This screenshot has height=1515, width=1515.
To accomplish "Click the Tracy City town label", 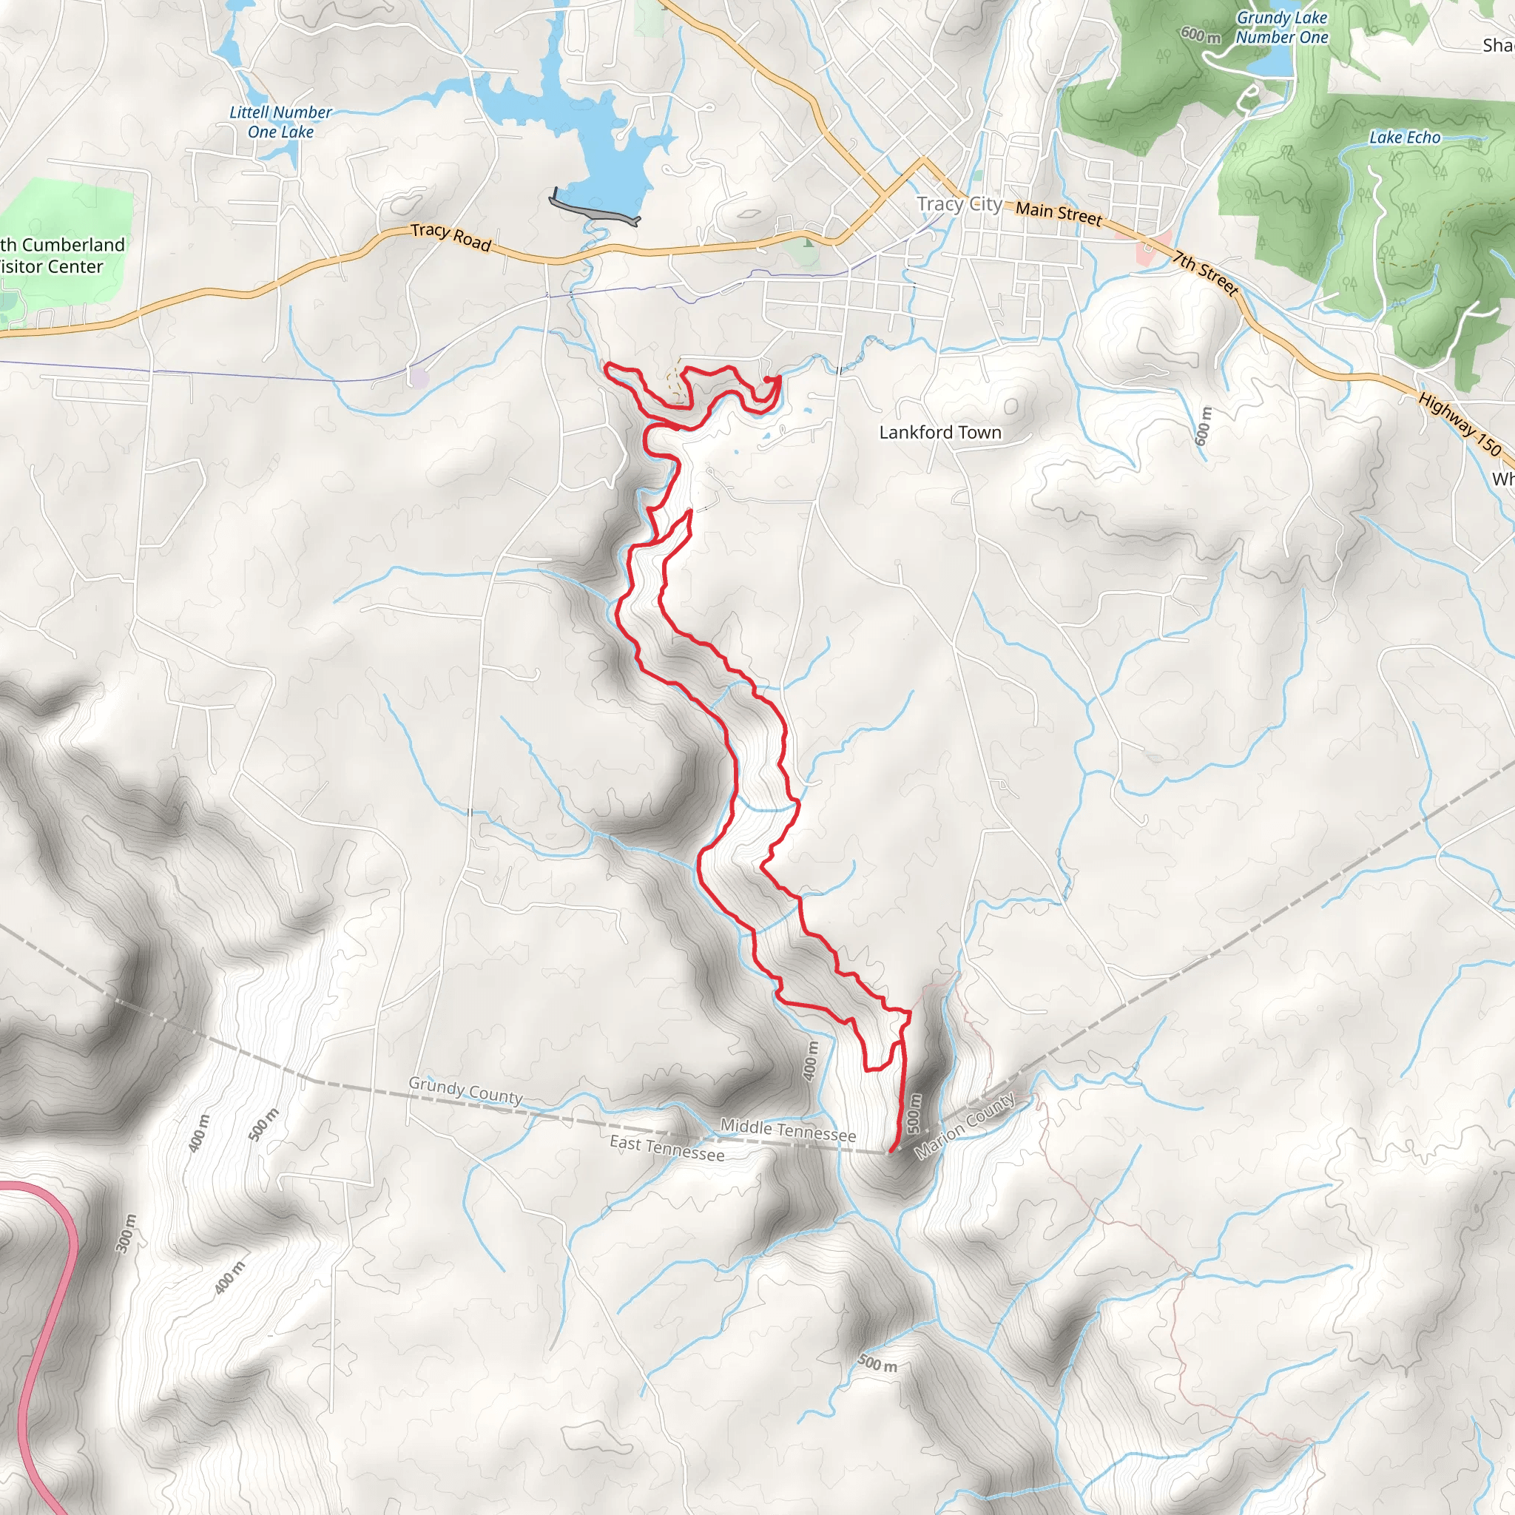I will coord(959,205).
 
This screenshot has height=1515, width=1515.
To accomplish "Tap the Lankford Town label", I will coord(939,432).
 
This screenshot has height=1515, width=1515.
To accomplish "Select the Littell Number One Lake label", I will coord(280,122).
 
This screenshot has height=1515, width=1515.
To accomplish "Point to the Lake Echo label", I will coord(1405,138).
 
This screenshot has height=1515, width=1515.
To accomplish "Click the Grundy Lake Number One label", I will coord(1281,27).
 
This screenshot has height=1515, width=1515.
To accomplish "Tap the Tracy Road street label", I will coord(451,237).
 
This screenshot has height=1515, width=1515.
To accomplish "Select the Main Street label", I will coord(1059,212).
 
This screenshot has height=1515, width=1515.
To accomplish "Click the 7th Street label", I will coord(1206,273).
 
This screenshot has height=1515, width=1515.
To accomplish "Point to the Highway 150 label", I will coord(1460,423).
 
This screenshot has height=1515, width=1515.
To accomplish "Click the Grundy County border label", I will coord(465,1091).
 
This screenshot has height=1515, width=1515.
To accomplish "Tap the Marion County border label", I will coord(965,1126).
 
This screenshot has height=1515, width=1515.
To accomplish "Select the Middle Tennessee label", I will coord(787,1130).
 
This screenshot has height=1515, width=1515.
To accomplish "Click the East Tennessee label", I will coord(667,1149).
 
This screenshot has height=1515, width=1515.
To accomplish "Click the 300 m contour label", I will coord(126,1233).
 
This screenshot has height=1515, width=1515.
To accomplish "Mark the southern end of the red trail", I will coord(891,1151).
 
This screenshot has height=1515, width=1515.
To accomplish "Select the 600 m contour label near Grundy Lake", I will coord(1201,35).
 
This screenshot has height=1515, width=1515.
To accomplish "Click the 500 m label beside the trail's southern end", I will coord(914,1113).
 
